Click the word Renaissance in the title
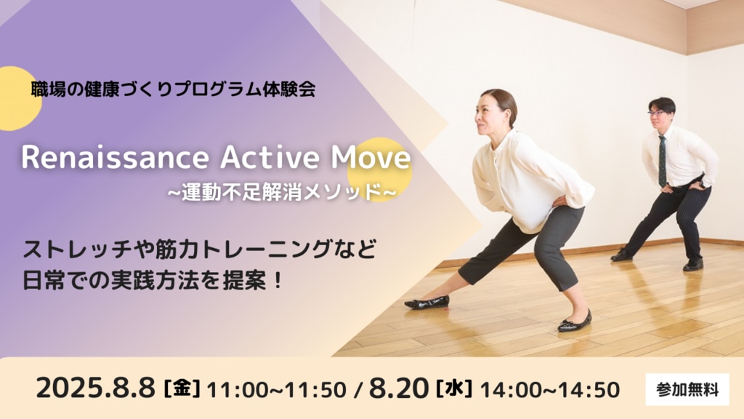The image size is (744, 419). (115, 158)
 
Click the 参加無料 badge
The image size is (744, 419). (687, 390)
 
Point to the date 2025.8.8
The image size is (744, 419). (96, 388)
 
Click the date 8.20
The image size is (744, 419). (399, 388)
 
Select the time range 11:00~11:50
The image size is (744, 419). (277, 390)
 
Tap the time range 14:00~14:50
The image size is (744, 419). (550, 390)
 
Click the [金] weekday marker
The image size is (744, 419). (182, 388)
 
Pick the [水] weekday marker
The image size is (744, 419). (454, 388)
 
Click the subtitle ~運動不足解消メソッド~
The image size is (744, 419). (282, 193)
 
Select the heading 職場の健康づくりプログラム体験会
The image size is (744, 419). (173, 89)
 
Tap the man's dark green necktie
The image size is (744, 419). (662, 161)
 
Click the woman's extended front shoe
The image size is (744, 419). (426, 302)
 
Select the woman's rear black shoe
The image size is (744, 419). (575, 322)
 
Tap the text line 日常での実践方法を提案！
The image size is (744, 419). (153, 281)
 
